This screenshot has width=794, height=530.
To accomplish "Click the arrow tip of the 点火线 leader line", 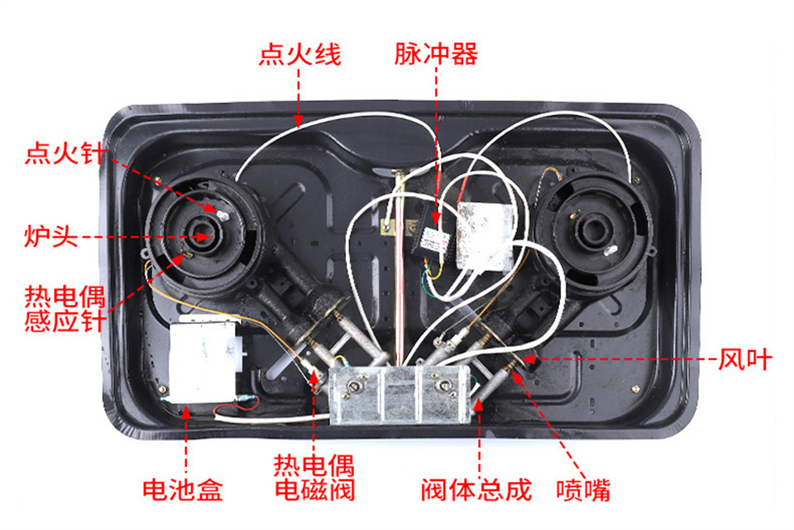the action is [x=299, y=126].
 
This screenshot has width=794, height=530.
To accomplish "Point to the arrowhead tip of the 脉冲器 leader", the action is [x=436, y=226].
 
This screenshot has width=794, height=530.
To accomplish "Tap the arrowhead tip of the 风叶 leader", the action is [x=522, y=359].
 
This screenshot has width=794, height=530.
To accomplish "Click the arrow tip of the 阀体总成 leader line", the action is [x=479, y=398].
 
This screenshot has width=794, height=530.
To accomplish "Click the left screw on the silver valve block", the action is [x=354, y=388].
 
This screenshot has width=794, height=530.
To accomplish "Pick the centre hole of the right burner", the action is [x=590, y=232].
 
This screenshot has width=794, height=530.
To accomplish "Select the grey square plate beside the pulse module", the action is [x=485, y=236].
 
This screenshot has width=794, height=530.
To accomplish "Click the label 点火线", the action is [x=300, y=54].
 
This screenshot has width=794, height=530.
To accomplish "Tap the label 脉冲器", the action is [x=436, y=54].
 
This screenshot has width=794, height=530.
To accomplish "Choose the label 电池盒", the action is [x=182, y=489].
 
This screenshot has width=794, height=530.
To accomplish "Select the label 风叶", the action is [x=746, y=359].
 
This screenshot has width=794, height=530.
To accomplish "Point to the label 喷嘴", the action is [x=583, y=490].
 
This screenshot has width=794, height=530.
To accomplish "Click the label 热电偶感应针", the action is [x=65, y=308].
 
